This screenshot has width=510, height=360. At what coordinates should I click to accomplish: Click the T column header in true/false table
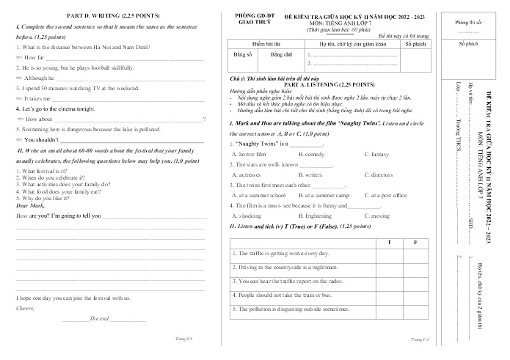388,241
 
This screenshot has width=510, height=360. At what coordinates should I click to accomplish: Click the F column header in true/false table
415,241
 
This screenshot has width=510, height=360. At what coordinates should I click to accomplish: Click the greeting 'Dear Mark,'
31,206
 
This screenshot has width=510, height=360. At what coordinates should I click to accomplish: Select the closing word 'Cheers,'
26,308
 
